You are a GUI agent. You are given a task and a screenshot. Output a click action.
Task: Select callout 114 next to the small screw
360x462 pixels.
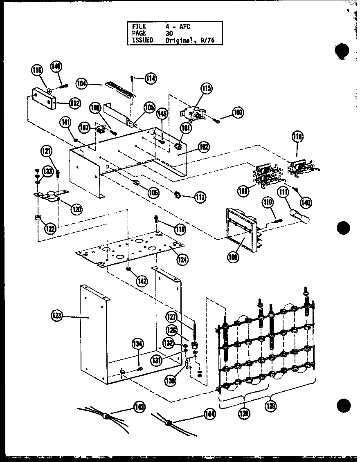[151, 78]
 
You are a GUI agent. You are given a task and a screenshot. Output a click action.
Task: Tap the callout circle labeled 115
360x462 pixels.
[207, 88]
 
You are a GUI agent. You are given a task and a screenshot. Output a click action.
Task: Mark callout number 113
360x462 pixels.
[200, 197]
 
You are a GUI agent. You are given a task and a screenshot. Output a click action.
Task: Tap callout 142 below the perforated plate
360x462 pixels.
[142, 281]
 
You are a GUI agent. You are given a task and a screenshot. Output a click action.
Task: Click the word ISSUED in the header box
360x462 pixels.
[142, 40]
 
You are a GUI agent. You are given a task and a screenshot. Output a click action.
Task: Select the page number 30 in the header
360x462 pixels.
[169, 34]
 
